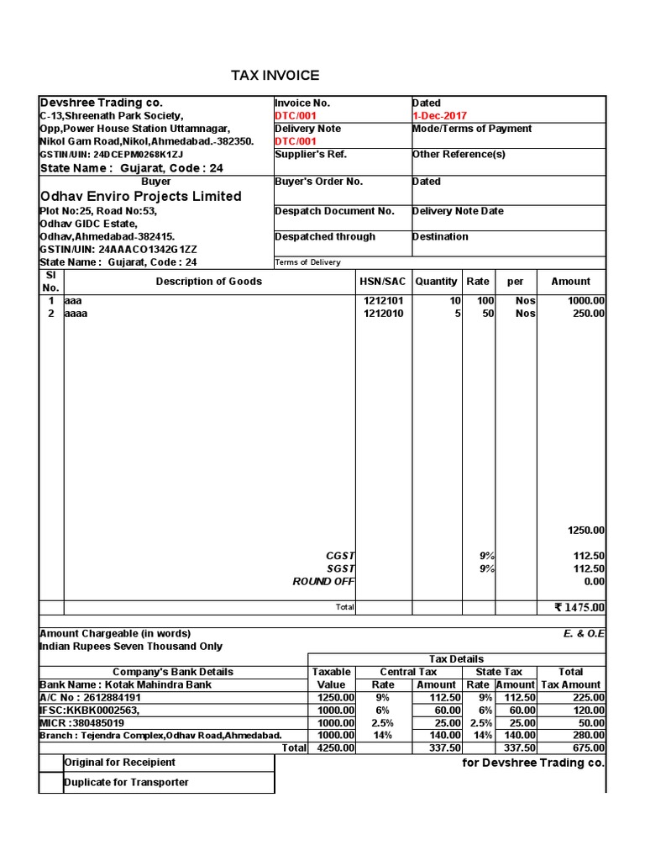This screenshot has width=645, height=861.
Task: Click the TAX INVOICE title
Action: click(x=275, y=76)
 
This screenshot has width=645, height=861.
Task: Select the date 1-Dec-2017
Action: click(x=439, y=116)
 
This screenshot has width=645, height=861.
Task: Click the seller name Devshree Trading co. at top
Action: click(x=102, y=103)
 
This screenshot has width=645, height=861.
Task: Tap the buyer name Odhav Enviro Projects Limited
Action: click(x=140, y=196)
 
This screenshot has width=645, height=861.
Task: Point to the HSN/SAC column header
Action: click(x=382, y=282)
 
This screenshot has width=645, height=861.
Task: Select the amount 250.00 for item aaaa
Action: click(x=586, y=314)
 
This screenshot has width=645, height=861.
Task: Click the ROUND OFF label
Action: click(x=323, y=582)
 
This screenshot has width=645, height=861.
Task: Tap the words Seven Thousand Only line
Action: click(x=131, y=647)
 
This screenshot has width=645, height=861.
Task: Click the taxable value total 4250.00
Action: click(x=336, y=747)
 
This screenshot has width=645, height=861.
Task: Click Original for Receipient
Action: click(x=120, y=763)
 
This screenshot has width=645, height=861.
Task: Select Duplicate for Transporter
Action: click(x=126, y=783)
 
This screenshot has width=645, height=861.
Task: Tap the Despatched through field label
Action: click(x=324, y=237)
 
